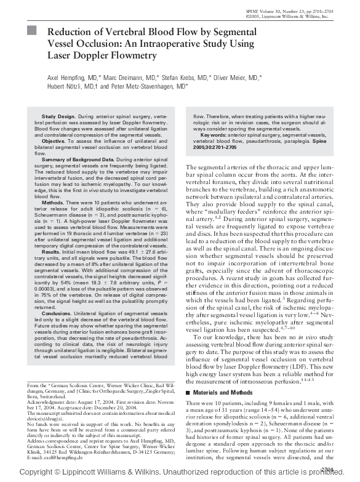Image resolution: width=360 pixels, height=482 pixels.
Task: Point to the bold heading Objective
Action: click(53, 141)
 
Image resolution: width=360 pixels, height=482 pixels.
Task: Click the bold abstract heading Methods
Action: click(53, 202)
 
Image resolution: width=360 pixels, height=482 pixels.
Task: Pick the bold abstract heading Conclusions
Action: click(57, 313)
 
